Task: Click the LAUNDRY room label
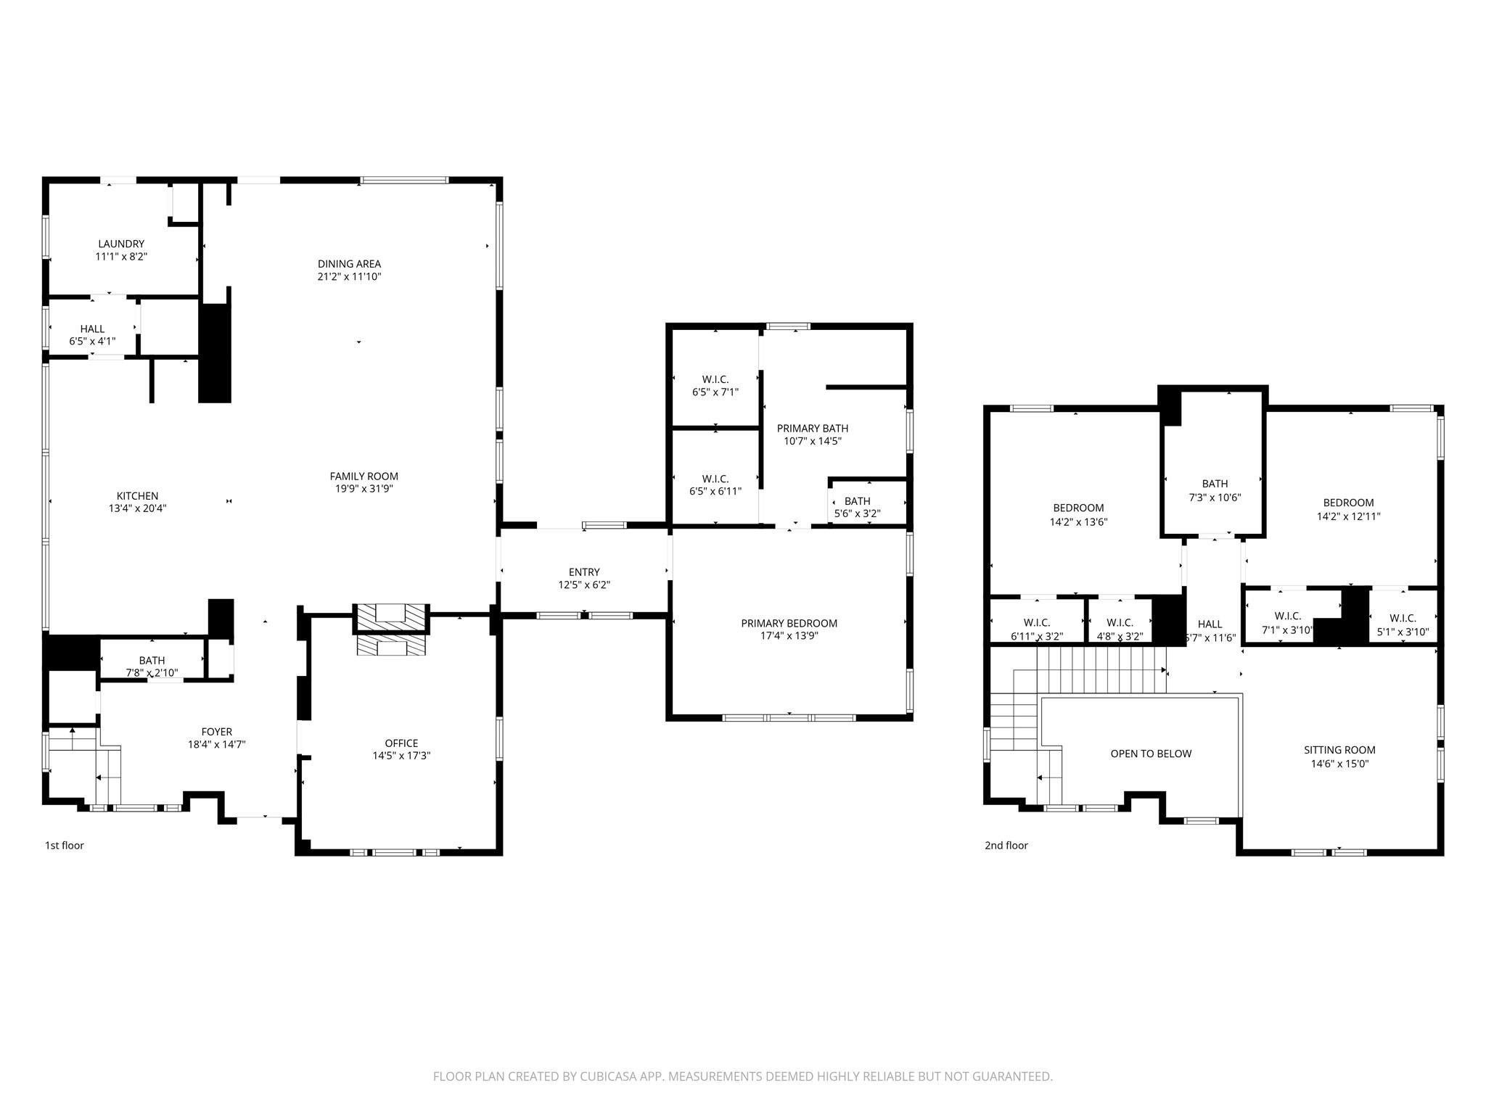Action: pos(121,244)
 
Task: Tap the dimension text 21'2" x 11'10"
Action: pos(349,276)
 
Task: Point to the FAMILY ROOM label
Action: pos(364,476)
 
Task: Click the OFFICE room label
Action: pos(401,743)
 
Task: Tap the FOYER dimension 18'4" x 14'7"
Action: pos(216,744)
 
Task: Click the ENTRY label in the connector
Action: pos(583,572)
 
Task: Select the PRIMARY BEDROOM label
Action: pos(789,623)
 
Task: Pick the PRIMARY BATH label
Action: pos(812,429)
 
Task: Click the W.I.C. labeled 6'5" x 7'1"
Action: pos(715,379)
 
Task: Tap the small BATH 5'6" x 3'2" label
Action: pos(857,501)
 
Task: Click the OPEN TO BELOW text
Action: pos(1150,754)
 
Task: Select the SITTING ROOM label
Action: pos(1339,750)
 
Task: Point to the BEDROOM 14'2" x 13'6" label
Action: pos(1078,508)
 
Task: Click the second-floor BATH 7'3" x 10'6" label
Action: pos(1215,484)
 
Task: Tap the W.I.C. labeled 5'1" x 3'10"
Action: pos(1402,619)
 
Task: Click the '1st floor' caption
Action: pos(65,845)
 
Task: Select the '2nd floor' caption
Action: pos(1006,845)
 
